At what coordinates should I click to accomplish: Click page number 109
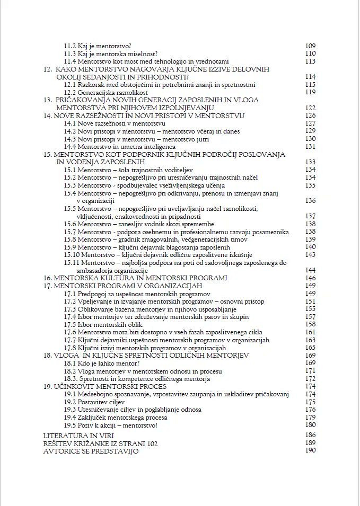tap(310, 46)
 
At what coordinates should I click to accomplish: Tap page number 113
tap(310, 61)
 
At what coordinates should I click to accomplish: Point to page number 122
tap(310, 108)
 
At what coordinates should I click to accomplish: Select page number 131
tap(310, 146)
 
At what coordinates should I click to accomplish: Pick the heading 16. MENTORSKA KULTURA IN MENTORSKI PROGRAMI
tap(135, 278)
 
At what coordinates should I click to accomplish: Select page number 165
tap(310, 348)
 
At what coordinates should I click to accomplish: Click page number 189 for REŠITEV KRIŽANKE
tap(310, 443)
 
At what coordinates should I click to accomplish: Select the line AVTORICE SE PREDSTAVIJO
tap(91, 451)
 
